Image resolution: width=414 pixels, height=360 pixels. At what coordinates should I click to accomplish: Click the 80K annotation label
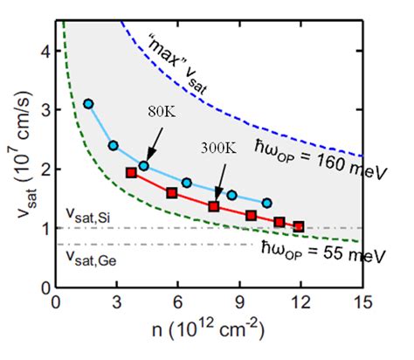pyautogui.click(x=162, y=112)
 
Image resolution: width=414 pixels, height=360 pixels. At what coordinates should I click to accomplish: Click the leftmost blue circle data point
pyautogui.click(x=88, y=104)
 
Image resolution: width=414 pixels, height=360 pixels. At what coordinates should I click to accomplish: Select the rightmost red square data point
pyautogui.click(x=299, y=226)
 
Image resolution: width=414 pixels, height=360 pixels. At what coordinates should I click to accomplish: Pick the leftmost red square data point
pyautogui.click(x=132, y=173)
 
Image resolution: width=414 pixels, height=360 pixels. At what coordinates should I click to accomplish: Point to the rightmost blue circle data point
pyautogui.click(x=267, y=203)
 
